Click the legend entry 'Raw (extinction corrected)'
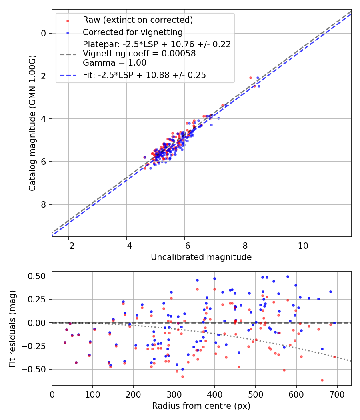click(138, 20)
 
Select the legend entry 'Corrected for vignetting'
click(132, 32)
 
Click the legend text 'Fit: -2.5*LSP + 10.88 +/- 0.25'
click(144, 75)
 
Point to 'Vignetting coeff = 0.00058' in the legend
click(139, 54)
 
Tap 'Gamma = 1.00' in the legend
click(114, 63)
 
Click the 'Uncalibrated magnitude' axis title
click(201, 257)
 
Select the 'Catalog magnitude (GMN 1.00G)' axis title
click(32, 123)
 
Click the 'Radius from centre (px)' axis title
click(201, 406)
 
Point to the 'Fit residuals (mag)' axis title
click(12, 329)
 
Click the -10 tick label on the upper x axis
click(300, 245)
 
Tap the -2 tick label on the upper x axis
click(69, 245)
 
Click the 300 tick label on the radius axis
click(174, 394)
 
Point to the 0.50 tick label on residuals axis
click(38, 276)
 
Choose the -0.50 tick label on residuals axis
click(37, 369)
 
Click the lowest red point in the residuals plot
click(322, 380)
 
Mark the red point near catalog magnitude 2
click(250, 78)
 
